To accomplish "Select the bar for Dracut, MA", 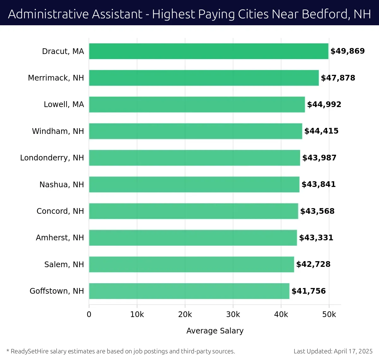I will pyautogui.click(x=208, y=51).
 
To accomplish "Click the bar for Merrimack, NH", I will pyautogui.click(x=204, y=78).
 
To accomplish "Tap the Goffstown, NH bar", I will pyautogui.click(x=189, y=291).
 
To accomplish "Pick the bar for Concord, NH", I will pyautogui.click(x=193, y=211).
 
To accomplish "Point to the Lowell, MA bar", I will pyautogui.click(x=197, y=105).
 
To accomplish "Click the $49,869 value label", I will pyautogui.click(x=347, y=51).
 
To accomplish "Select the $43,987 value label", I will pyautogui.click(x=319, y=158).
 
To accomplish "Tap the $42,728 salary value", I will pyautogui.click(x=313, y=264).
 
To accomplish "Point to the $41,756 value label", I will pyautogui.click(x=309, y=291).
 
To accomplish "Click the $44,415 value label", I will pyautogui.click(x=321, y=131).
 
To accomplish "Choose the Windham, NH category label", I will pyautogui.click(x=58, y=131).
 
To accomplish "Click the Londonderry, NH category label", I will pyautogui.click(x=52, y=158).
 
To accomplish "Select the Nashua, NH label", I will pyautogui.click(x=62, y=184).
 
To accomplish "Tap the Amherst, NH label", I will pyautogui.click(x=60, y=238).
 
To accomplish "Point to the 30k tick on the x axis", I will pyautogui.click(x=233, y=315).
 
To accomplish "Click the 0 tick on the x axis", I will pyautogui.click(x=89, y=315).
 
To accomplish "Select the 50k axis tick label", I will pyautogui.click(x=329, y=315).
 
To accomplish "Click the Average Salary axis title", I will pyautogui.click(x=215, y=331).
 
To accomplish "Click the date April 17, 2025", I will pyautogui.click(x=353, y=351).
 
